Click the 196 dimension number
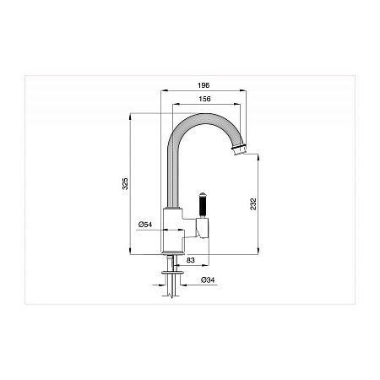(204, 85)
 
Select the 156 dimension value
(204, 99)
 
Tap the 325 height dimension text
(125, 183)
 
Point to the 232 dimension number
(253, 204)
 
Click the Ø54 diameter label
(145, 225)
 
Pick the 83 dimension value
(191, 260)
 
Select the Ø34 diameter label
(208, 280)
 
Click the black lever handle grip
(203, 206)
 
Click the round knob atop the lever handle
(203, 194)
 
